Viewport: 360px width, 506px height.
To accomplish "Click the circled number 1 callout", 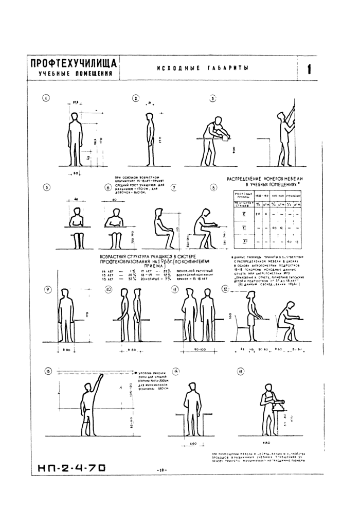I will coord(46,98).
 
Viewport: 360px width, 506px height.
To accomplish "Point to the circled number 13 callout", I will coord(48,371).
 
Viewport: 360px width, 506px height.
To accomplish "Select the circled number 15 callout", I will coord(240,371).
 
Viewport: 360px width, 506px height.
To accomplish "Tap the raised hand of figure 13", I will coord(102,378).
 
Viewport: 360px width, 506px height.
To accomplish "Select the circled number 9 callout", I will coord(48,289).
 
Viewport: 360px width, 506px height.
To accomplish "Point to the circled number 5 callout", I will coord(47,187).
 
